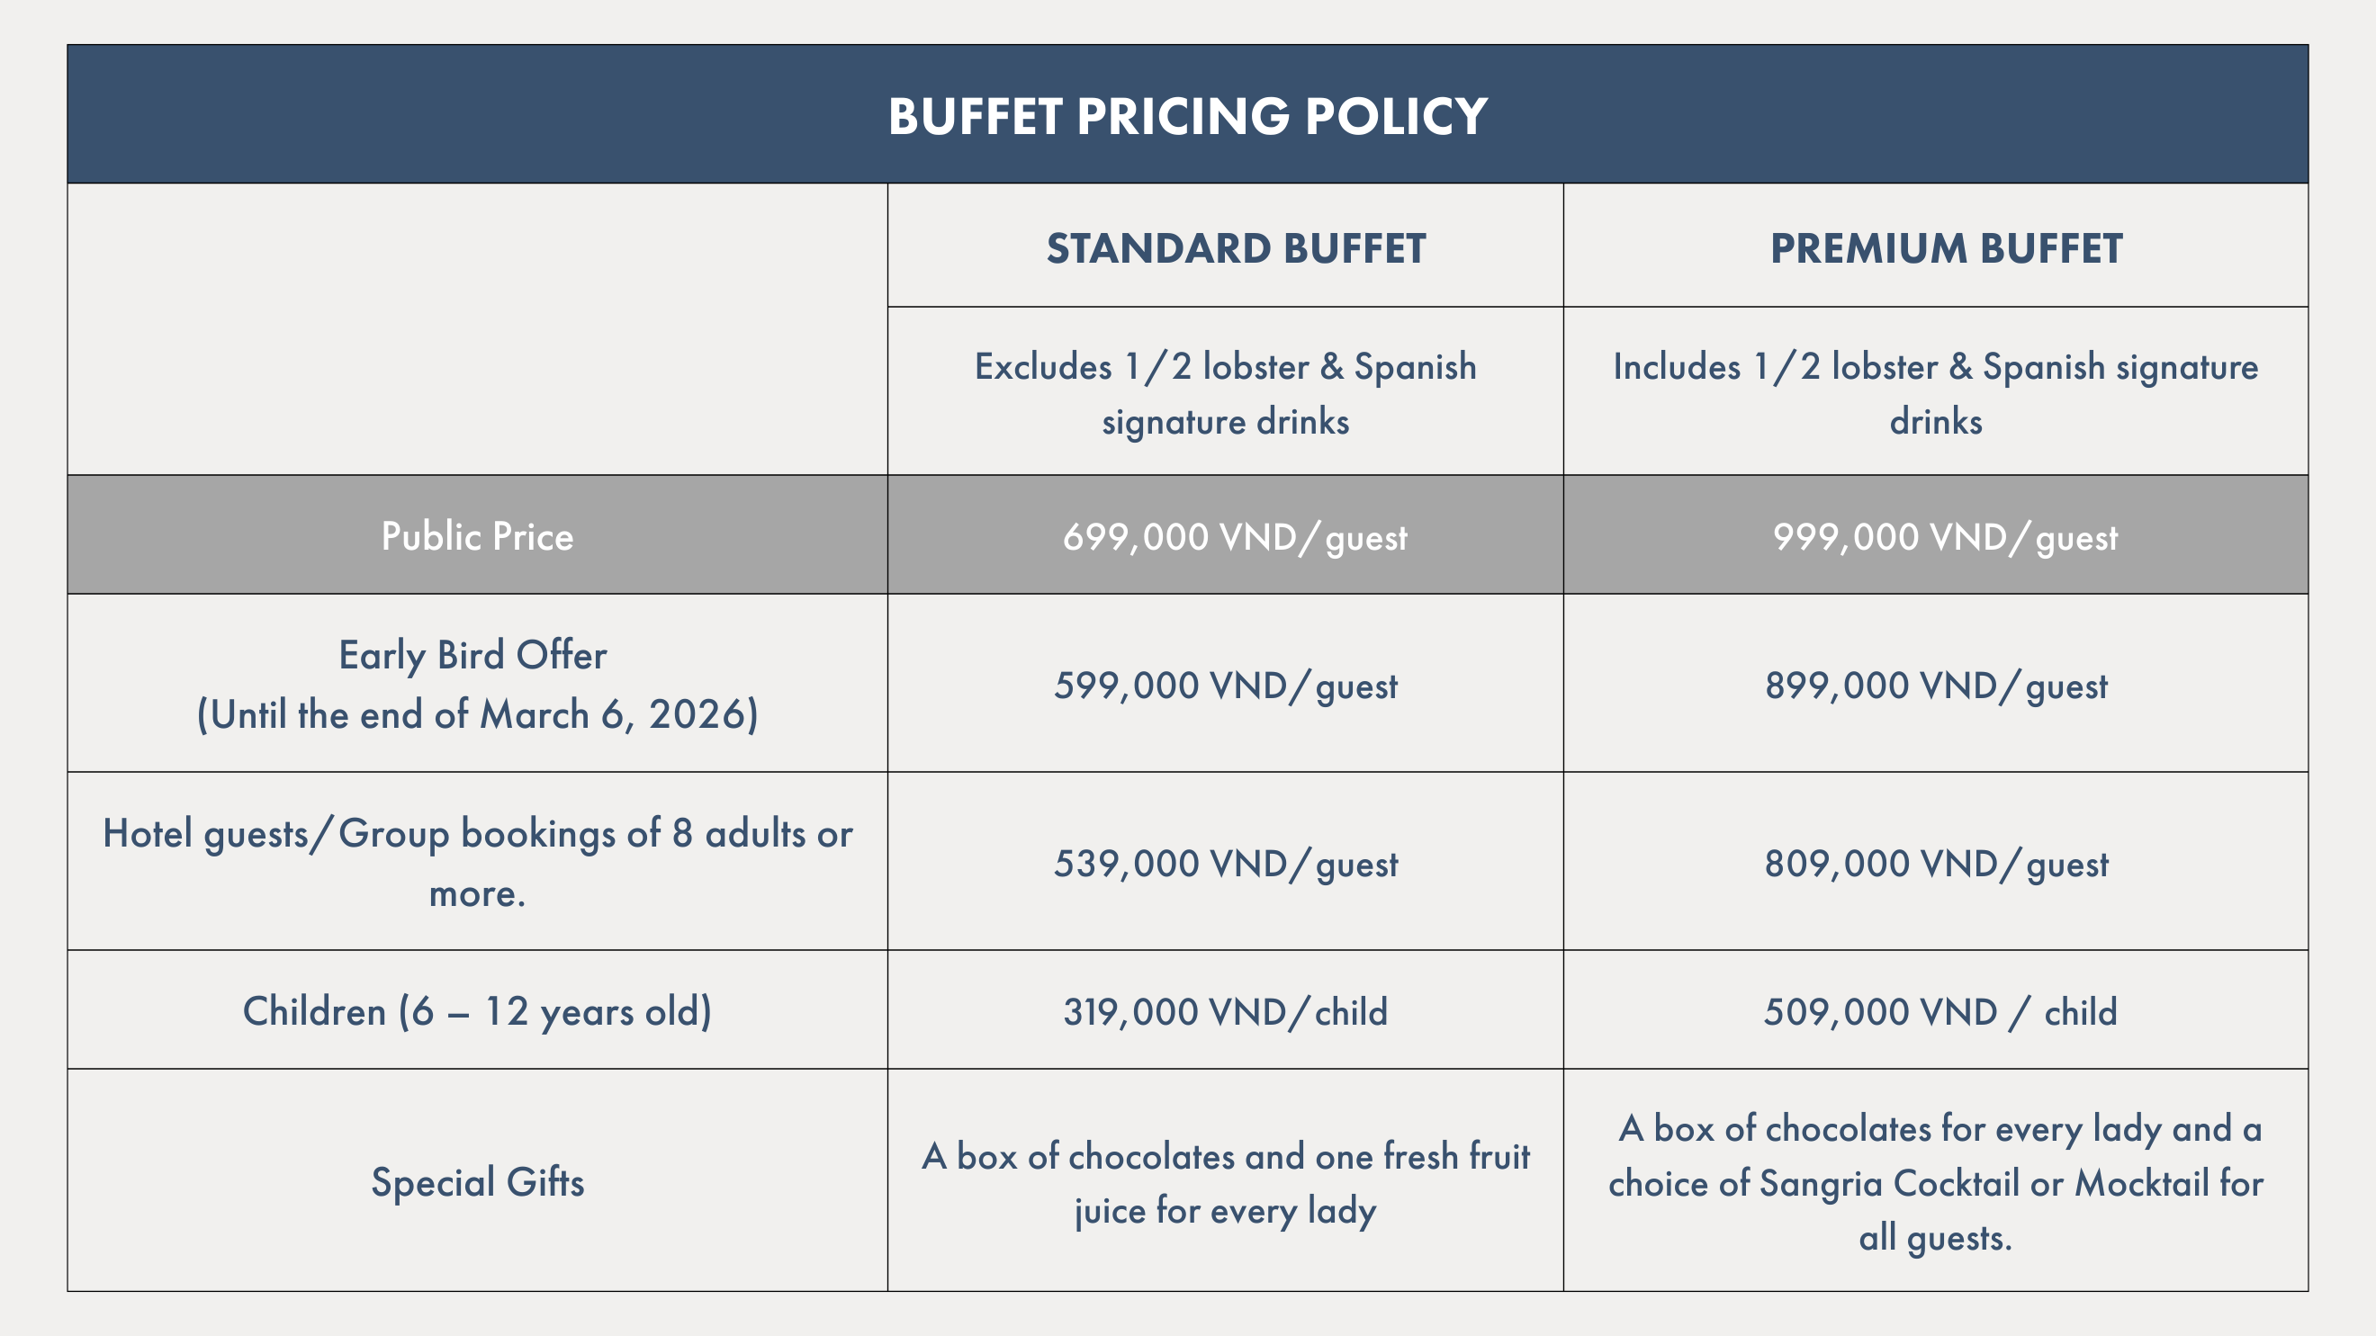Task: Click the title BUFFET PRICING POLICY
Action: tap(1187, 116)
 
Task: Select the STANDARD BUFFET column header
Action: tap(1236, 249)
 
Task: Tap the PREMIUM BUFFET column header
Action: tap(1946, 249)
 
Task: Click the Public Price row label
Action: tap(477, 536)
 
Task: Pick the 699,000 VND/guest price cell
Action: tap(1234, 536)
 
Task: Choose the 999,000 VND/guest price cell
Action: tap(1945, 536)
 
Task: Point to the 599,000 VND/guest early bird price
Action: tap(1225, 686)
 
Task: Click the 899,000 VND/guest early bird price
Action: tap(1936, 686)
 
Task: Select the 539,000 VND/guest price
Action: tap(1225, 864)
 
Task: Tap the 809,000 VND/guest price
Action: tap(1936, 864)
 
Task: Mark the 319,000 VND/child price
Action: tap(1225, 1012)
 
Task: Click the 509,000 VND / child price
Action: tap(1939, 1012)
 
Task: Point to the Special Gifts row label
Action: tap(477, 1182)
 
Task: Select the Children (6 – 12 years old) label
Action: tap(477, 1012)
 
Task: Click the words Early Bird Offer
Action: tap(472, 656)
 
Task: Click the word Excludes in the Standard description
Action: tap(1043, 367)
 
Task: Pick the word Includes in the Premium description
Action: tap(1676, 367)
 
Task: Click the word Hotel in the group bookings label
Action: tap(147, 833)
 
